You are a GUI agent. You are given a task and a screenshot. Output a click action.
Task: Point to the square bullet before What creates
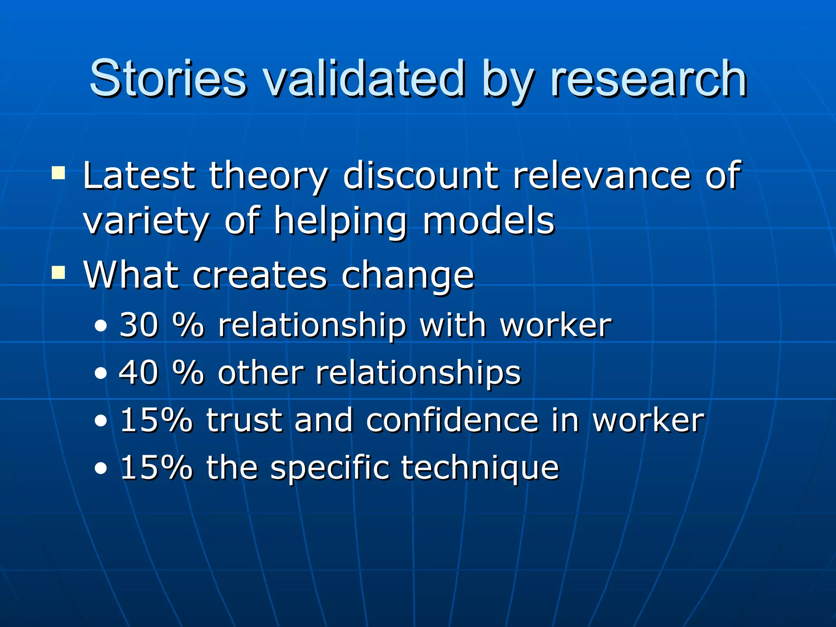point(58,272)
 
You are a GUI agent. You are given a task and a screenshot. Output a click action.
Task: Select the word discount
point(420,176)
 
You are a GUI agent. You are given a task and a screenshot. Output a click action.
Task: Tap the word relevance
point(602,176)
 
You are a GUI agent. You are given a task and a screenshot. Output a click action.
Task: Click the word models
point(489,221)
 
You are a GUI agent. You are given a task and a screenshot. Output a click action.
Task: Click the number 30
point(138,325)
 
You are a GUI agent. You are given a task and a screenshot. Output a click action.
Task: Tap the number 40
point(138,372)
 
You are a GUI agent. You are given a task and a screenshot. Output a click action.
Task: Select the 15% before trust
point(156,420)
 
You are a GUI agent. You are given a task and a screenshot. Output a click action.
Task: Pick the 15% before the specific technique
point(156,467)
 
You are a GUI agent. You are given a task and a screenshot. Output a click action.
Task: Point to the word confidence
point(452,420)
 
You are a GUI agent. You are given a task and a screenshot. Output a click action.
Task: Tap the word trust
point(244,420)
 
